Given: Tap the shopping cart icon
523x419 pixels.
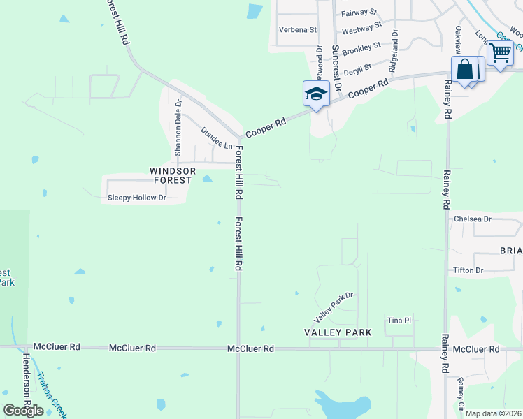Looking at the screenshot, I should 501,53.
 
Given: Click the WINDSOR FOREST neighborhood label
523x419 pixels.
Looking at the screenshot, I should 171,175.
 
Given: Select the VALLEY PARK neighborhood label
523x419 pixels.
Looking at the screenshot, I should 338,332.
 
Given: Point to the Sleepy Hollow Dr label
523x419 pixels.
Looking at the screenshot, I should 136,198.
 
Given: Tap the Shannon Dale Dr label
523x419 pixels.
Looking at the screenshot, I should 178,128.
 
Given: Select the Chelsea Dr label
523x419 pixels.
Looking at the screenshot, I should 473,219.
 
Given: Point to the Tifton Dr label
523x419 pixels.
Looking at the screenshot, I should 468,270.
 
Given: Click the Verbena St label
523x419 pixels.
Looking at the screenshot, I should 298,30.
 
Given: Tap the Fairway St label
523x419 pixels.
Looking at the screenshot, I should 359,13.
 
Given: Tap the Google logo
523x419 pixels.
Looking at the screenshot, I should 24,410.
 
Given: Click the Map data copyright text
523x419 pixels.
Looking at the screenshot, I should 494,413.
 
